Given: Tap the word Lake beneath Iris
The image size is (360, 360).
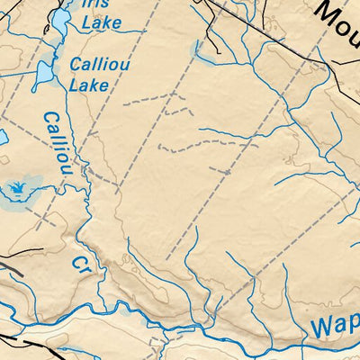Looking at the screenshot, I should click(x=101, y=22).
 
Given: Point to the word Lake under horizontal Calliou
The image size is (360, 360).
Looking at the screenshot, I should click(x=89, y=85).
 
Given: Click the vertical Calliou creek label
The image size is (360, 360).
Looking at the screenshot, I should click(x=56, y=143).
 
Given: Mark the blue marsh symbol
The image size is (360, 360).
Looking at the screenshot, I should click(x=15, y=189).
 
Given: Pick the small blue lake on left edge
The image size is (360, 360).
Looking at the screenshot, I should click(x=3, y=139).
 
